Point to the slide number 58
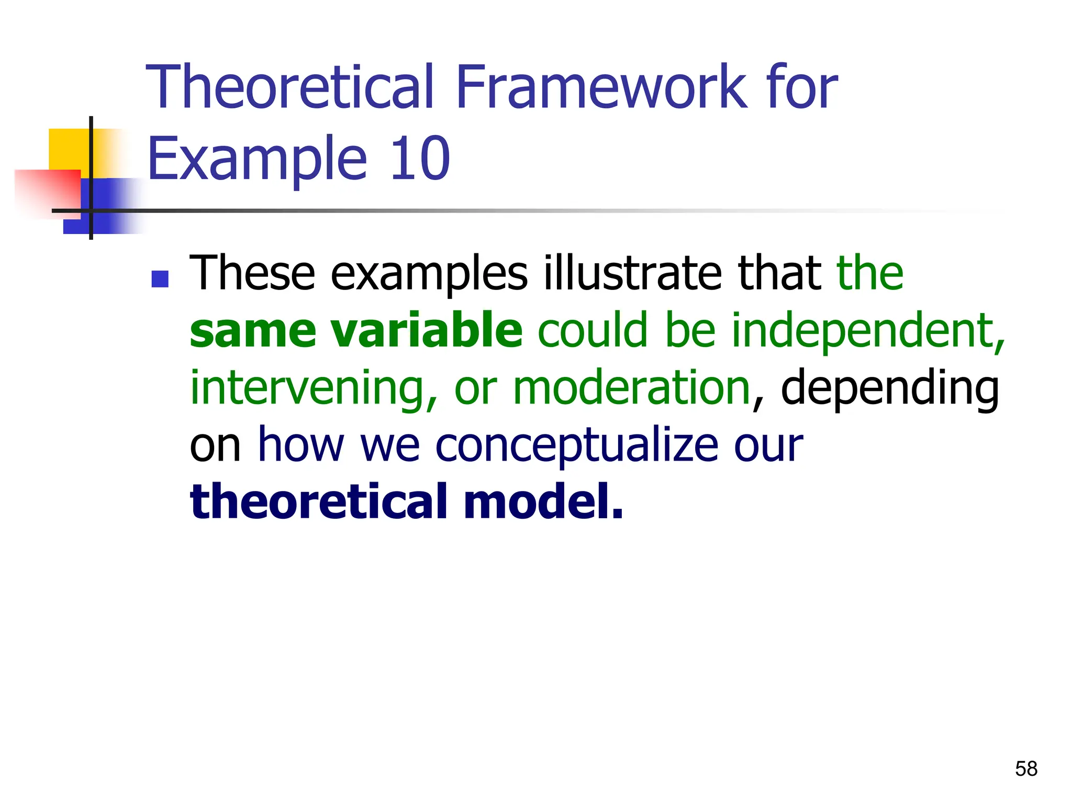point(1026,768)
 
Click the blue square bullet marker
point(160,279)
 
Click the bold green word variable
point(427,330)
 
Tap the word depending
point(890,388)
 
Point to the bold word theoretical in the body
point(319,501)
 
